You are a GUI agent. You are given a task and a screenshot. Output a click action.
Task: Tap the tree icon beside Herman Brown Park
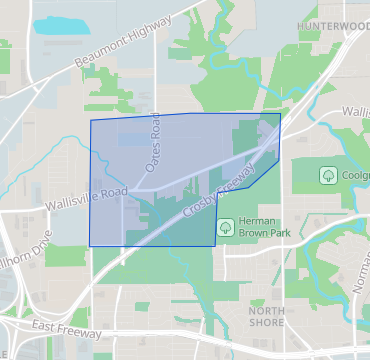pos(225,226)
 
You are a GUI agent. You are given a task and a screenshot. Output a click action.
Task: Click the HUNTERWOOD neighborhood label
pos(334,24)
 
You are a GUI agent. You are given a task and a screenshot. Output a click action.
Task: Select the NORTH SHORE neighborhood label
pos(265,318)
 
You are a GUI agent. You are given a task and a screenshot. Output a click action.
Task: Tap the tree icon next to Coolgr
pos(327,175)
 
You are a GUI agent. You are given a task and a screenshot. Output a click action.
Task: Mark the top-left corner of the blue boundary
pos(91,121)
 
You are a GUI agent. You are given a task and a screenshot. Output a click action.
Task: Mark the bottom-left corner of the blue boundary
pos(91,245)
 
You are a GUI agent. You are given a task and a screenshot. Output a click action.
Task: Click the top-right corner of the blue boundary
pos(280,114)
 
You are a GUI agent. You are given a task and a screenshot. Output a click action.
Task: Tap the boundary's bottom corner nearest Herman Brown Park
pos(215,244)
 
